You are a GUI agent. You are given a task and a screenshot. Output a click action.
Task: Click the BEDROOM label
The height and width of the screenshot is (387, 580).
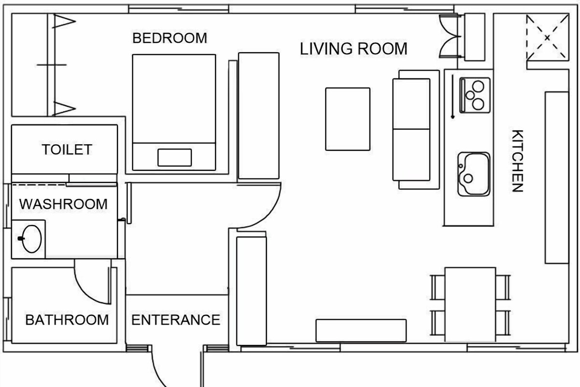pyautogui.click(x=170, y=38)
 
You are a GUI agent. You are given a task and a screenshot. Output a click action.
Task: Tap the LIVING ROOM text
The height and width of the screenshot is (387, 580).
pyautogui.click(x=353, y=49)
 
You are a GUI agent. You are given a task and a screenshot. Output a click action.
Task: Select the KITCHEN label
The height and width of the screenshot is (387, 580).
pyautogui.click(x=517, y=161)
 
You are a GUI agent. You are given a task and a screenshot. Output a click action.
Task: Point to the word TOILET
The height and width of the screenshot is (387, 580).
pyautogui.click(x=67, y=149)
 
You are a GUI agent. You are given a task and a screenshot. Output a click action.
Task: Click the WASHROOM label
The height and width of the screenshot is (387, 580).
pyautogui.click(x=63, y=204)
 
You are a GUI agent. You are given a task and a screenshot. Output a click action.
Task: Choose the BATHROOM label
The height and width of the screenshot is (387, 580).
pyautogui.click(x=67, y=320)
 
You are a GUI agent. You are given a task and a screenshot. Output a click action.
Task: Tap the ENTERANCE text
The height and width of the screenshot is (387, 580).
pyautogui.click(x=176, y=320)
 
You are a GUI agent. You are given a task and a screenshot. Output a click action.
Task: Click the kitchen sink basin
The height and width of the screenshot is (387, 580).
pyautogui.click(x=474, y=174)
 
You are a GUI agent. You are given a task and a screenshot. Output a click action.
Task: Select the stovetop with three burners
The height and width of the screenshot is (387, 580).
pyautogui.click(x=475, y=95)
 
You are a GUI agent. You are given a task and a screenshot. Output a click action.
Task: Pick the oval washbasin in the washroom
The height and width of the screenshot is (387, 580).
pyautogui.click(x=31, y=239)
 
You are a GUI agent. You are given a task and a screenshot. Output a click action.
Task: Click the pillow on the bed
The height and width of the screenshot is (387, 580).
pyautogui.click(x=175, y=158)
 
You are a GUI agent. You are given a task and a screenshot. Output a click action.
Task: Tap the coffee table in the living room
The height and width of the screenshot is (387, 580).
pyautogui.click(x=348, y=119)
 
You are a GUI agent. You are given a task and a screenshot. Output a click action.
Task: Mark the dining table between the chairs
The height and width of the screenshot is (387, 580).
pyautogui.click(x=470, y=305)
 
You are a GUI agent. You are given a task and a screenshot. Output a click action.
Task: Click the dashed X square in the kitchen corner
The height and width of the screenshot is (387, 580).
pyautogui.click(x=548, y=38)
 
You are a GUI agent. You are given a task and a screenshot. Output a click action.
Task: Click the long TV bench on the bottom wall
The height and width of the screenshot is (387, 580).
pyautogui.click(x=361, y=330)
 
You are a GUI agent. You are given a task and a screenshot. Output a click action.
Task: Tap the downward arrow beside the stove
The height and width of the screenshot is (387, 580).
pyautogui.click(x=452, y=97)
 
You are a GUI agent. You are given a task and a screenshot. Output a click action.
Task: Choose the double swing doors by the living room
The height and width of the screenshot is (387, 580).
pyautogui.click(x=450, y=36)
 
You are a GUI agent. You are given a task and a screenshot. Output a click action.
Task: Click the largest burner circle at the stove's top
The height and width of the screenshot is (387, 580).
pyautogui.click(x=478, y=86)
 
